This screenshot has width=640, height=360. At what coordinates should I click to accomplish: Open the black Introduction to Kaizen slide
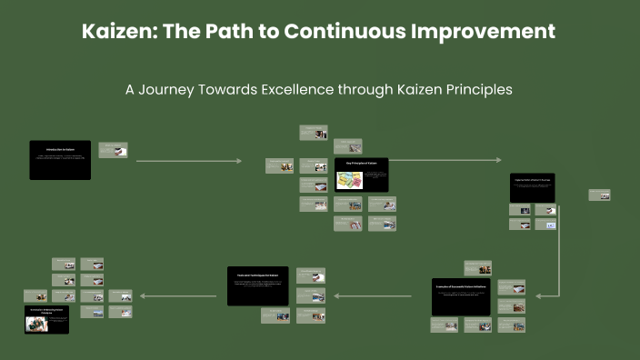60,159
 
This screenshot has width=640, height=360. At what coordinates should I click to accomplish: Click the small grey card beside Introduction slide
113,150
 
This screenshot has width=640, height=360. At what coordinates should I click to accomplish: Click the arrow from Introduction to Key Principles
189,161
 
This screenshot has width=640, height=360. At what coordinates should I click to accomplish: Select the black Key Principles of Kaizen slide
361,174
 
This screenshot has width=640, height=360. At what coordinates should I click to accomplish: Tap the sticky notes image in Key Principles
349,180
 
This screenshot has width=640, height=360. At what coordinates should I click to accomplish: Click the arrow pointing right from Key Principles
445,160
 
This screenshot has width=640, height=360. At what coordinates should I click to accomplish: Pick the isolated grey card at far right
599,195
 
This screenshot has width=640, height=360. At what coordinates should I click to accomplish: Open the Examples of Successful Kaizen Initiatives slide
461,296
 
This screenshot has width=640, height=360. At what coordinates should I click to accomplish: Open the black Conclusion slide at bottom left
46,319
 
